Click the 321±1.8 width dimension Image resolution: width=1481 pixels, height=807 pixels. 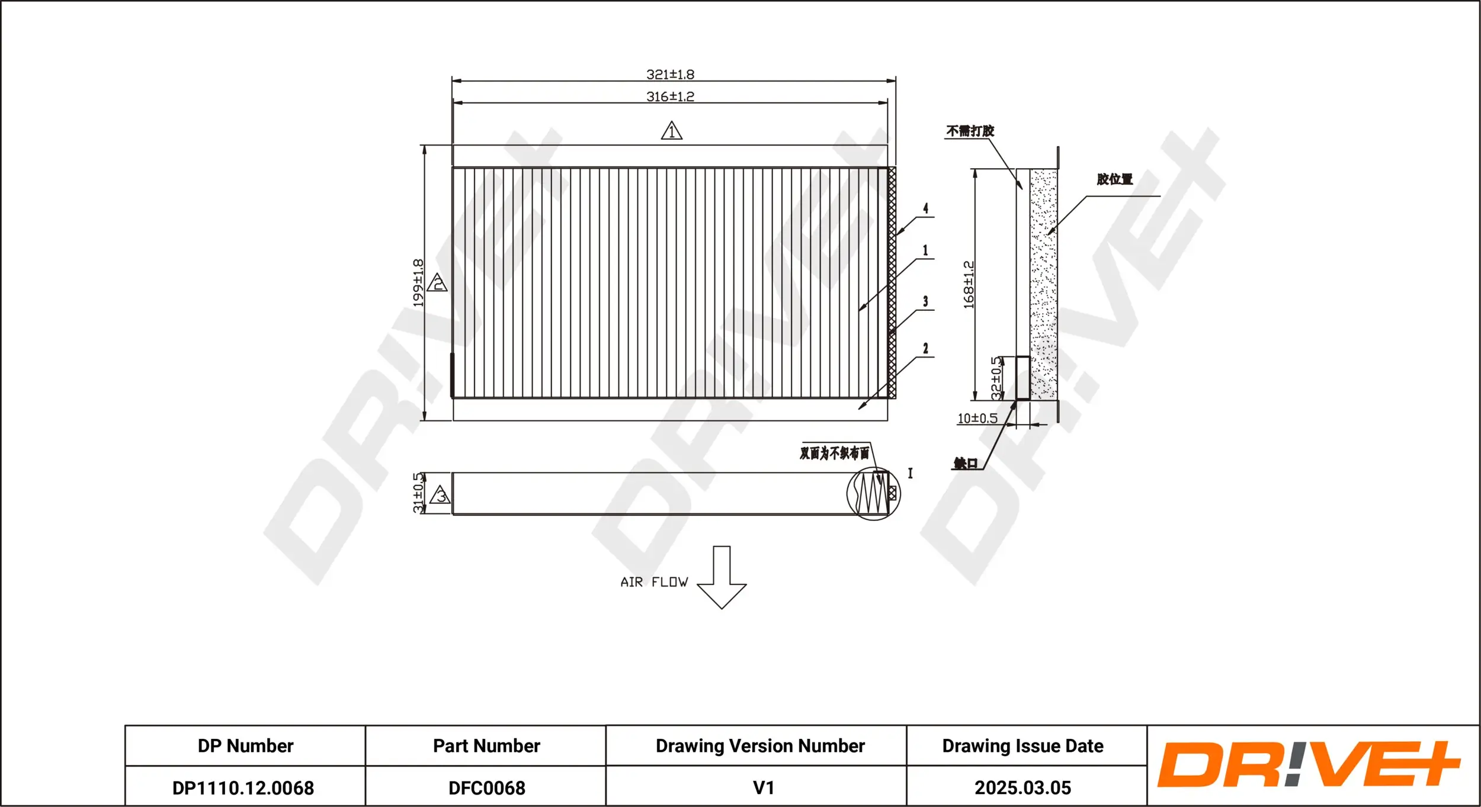click(670, 75)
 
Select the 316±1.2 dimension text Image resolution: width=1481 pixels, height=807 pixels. click(670, 97)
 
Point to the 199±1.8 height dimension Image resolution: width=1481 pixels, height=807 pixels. click(418, 283)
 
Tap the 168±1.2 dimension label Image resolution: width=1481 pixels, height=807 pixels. click(969, 285)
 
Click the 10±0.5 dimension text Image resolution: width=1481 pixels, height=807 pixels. click(977, 419)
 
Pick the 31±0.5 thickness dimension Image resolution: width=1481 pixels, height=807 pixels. click(418, 493)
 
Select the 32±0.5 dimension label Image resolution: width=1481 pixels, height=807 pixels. click(996, 378)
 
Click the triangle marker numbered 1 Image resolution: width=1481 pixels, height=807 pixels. click(672, 131)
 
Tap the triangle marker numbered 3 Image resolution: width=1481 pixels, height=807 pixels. click(440, 495)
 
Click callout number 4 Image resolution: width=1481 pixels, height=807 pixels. click(925, 208)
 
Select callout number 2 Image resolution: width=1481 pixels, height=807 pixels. click(925, 349)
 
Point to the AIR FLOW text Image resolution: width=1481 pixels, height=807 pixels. click(654, 583)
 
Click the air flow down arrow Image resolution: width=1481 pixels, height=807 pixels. click(722, 577)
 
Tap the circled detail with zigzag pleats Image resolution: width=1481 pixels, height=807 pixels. click(873, 494)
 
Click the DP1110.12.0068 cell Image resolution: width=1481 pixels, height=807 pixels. click(243, 788)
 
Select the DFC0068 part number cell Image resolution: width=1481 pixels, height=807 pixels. click(486, 788)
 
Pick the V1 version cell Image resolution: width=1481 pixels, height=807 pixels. click(763, 788)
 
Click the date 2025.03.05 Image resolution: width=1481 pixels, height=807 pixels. click(1022, 788)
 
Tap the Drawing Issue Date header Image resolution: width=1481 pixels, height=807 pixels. click(1022, 746)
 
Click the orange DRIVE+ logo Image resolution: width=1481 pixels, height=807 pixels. click(1309, 764)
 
